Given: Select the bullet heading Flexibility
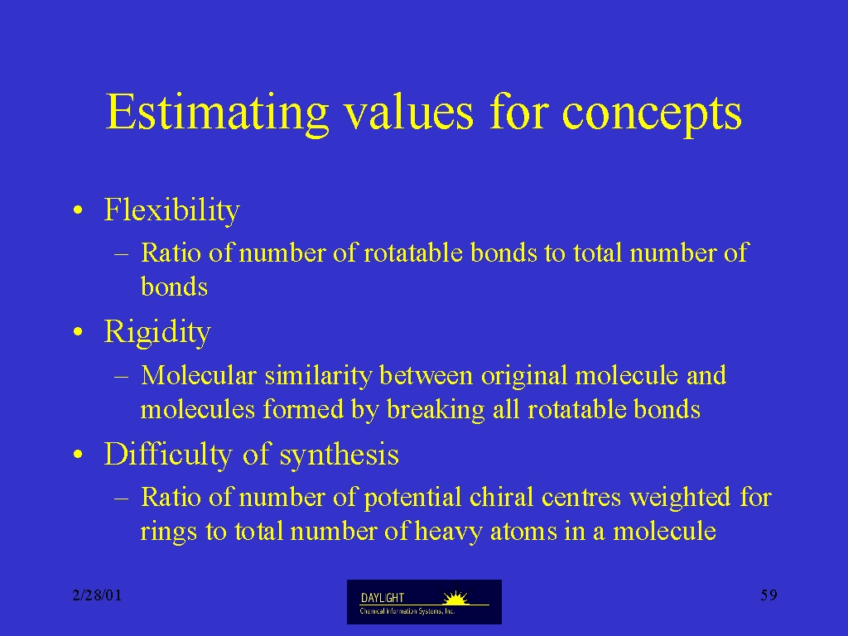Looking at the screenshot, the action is (172, 210).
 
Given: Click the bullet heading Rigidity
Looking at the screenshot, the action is (157, 332).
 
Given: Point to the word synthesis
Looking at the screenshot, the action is (339, 455).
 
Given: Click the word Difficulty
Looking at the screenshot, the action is (168, 455).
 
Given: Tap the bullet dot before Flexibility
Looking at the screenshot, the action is (79, 210).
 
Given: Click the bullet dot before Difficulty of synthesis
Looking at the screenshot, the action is (79, 455).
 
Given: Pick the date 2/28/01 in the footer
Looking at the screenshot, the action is (98, 595).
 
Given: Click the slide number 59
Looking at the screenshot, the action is (768, 595).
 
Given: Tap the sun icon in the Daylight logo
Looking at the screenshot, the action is (455, 597).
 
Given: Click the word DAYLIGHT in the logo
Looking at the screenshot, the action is (383, 598).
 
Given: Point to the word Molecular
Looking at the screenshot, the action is (199, 375).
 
